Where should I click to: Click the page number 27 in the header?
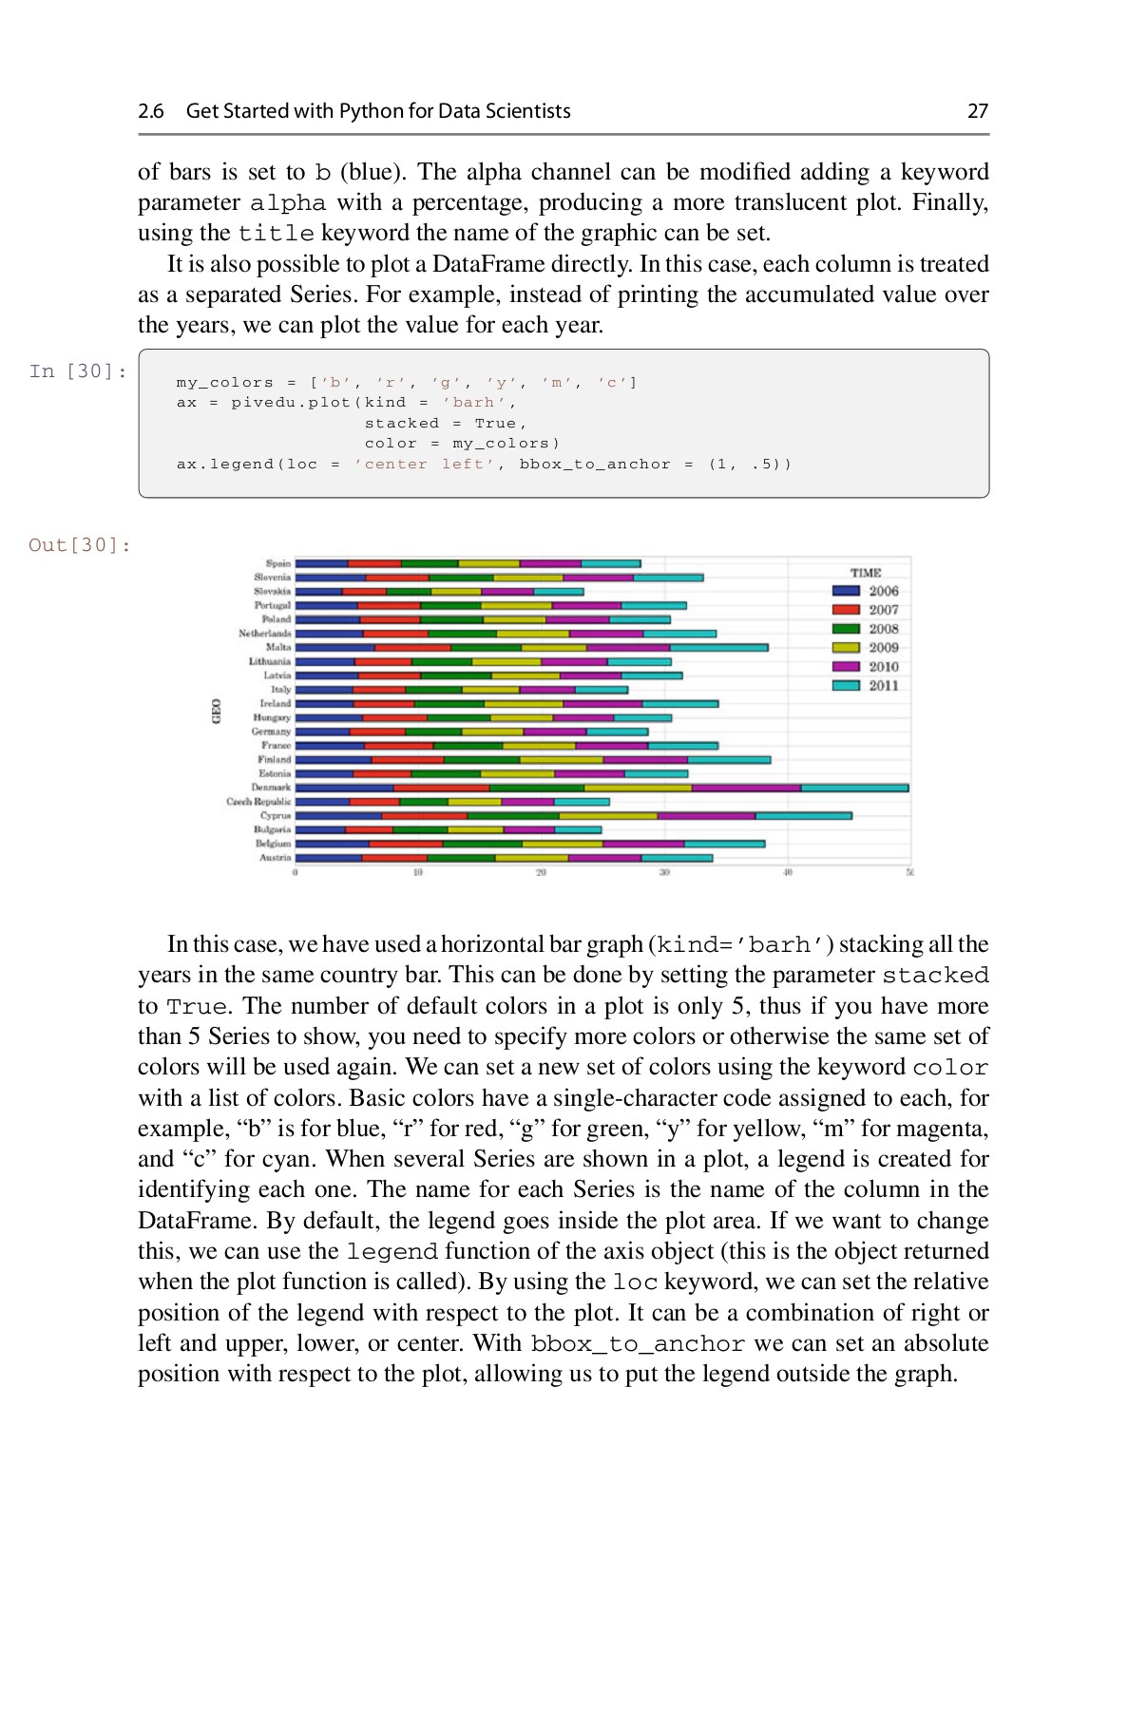coord(978,111)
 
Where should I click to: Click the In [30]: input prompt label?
coord(78,370)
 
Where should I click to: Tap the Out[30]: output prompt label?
coord(80,544)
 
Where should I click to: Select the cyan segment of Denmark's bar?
coord(853,788)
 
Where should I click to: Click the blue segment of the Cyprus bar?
coord(338,815)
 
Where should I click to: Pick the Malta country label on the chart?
coord(278,647)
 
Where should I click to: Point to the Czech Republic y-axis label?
coord(258,802)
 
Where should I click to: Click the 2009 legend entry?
coord(883,648)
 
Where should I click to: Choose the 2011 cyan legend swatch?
coord(846,685)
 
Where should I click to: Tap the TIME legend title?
coord(865,573)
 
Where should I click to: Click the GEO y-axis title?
coord(217,711)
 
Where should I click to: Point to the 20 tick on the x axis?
coord(541,872)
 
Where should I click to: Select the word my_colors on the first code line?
coord(224,383)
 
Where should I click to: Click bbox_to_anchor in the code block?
coord(594,465)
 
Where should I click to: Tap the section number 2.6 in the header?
coord(150,111)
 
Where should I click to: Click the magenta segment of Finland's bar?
coord(644,760)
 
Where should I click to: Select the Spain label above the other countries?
coord(278,563)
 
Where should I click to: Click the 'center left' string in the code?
coord(425,465)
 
